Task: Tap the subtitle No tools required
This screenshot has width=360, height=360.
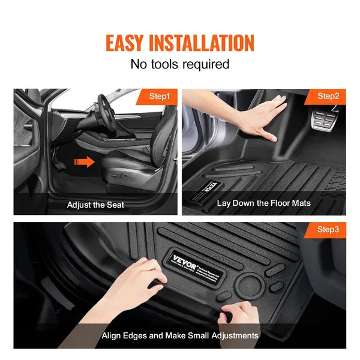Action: point(180,64)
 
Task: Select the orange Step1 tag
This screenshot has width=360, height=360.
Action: point(160,96)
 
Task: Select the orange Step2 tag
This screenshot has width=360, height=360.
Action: point(328,96)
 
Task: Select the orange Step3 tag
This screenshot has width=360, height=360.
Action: point(328,229)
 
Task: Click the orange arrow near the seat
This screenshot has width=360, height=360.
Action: point(83,161)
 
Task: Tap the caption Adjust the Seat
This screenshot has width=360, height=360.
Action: point(95,205)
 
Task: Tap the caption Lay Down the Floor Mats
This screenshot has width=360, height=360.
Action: point(264,203)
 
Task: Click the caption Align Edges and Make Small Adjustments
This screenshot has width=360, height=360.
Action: point(180,335)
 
